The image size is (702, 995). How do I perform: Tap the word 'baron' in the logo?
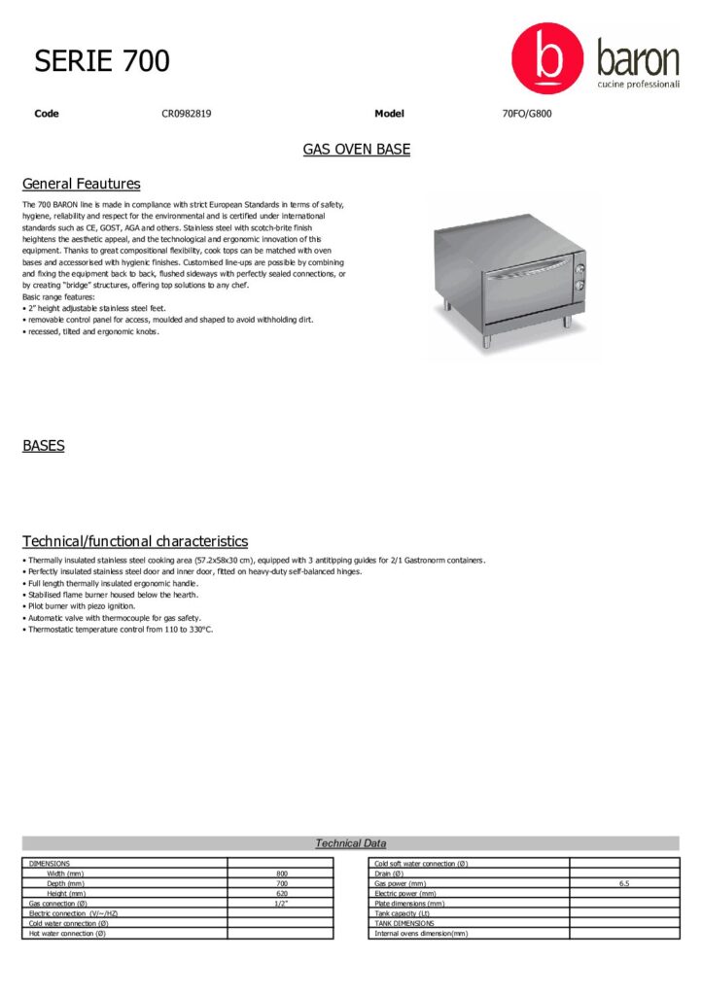[x=638, y=59]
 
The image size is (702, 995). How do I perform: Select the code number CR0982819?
[x=187, y=114]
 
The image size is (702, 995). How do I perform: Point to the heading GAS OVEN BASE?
[x=356, y=150]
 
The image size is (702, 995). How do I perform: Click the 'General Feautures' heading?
[x=81, y=184]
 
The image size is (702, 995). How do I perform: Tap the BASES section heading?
[x=44, y=446]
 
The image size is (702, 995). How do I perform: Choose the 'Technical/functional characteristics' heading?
[x=135, y=541]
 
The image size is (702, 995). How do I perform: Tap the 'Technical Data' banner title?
[x=350, y=843]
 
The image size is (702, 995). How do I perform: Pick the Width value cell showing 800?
[x=282, y=874]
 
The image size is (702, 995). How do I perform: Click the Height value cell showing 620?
[x=282, y=893]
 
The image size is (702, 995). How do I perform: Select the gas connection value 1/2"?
[x=282, y=903]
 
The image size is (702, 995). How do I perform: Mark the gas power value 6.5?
[x=624, y=883]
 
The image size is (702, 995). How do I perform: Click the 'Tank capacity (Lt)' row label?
[x=403, y=913]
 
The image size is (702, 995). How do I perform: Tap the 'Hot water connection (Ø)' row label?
[x=68, y=933]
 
